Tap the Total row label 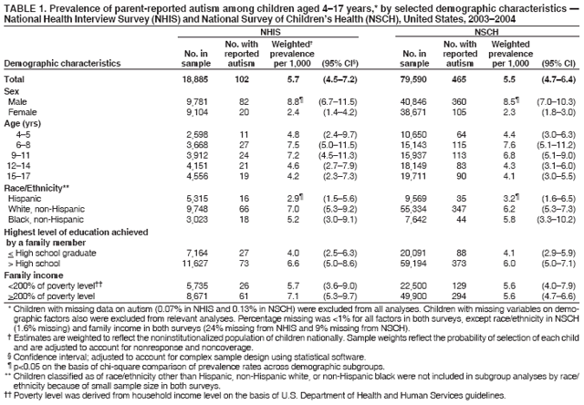[x=16, y=80]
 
